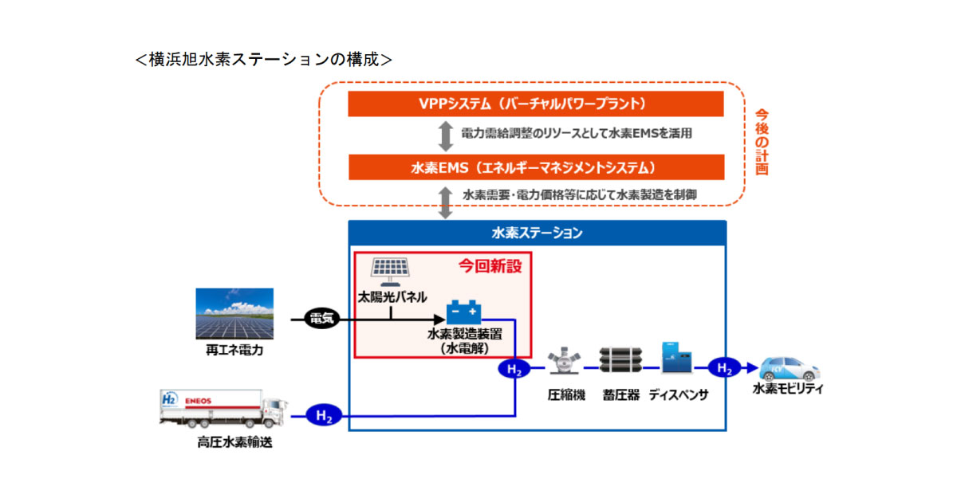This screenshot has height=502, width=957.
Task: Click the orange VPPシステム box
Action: coord(536,104)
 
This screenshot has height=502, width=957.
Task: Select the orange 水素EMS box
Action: coord(536,167)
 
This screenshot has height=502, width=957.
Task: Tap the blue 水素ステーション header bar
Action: coord(536,233)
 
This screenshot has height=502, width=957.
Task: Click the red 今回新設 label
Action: coord(490,267)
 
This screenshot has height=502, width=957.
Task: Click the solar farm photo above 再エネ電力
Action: coord(234,314)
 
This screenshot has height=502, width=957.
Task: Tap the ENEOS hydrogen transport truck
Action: coord(223,410)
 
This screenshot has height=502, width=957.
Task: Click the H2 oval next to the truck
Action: coord(325,415)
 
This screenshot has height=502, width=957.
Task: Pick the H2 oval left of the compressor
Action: coord(514,369)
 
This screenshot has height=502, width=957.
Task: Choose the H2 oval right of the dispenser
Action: coord(724,368)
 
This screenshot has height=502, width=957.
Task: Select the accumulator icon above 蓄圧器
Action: coord(621,363)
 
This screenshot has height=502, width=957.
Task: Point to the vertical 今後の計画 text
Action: coord(762,142)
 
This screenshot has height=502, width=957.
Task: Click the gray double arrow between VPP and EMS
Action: coord(446,135)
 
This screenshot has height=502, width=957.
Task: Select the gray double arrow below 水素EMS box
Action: coord(446,199)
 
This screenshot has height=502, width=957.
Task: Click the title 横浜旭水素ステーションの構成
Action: coord(263,59)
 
